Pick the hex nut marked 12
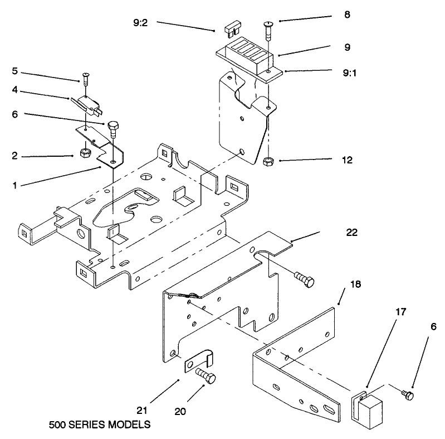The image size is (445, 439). tap(267, 161)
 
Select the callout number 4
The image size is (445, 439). tap(15, 89)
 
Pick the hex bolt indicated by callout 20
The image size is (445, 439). tap(207, 377)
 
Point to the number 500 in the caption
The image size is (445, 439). tap(58, 424)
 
